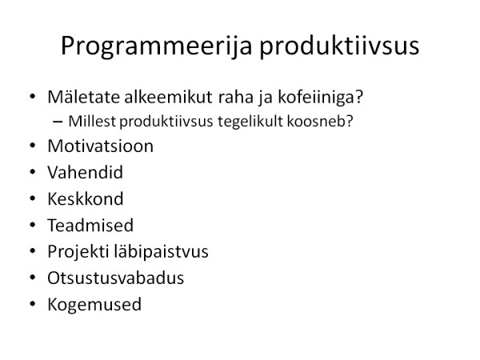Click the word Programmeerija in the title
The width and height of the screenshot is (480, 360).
pos(157,46)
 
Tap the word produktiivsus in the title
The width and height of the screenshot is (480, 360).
pos(339,46)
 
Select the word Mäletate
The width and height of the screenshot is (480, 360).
pos(83,97)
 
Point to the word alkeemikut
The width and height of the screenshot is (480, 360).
pos(168,97)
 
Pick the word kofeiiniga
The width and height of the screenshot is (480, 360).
pos(320,98)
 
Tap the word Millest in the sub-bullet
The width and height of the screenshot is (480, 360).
pos(92,121)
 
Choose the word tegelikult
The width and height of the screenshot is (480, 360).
pos(250,122)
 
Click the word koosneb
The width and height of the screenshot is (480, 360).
pos(320,121)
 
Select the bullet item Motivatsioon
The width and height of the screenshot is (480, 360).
pos(101,146)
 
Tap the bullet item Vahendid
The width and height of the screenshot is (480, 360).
pos(85,172)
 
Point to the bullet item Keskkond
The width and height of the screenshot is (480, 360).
pos(86,198)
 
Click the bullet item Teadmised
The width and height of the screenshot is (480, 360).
pos(90,225)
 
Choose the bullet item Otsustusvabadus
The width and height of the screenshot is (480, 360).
pos(115,278)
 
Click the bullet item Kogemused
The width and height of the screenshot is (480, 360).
pos(94,305)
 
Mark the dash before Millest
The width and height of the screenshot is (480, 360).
pos(58,122)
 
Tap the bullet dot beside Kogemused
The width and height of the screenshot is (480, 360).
pos(33,304)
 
